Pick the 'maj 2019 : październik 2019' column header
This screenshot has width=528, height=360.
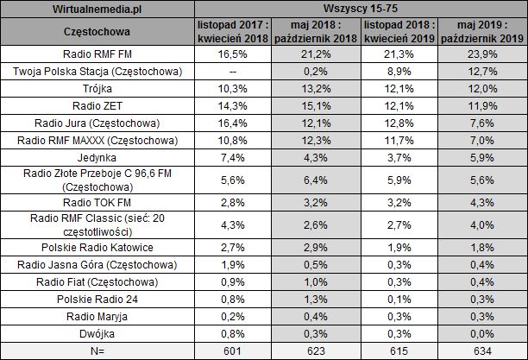[487, 33]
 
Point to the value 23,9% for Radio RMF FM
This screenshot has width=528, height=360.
[487, 54]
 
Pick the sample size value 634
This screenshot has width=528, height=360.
[487, 351]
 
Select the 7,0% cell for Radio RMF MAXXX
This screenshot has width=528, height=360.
[487, 140]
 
